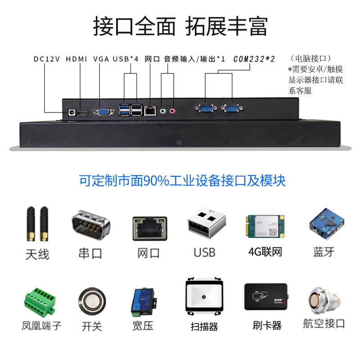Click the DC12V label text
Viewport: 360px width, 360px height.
click(47, 59)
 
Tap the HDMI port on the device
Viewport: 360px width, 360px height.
click(82, 113)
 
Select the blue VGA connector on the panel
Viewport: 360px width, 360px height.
click(104, 112)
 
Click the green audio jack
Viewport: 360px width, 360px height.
click(163, 111)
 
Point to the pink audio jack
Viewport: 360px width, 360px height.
click(172, 111)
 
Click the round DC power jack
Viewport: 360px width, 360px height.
click(72, 112)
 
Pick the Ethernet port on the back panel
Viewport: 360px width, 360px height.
click(150, 111)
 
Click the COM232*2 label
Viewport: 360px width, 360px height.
click(254, 59)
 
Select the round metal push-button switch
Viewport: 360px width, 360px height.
click(92, 301)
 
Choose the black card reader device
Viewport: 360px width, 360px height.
click(266, 297)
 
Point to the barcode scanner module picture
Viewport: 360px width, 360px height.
click(204, 297)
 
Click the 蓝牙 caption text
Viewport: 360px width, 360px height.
click(324, 252)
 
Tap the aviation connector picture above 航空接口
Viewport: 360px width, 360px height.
click(324, 300)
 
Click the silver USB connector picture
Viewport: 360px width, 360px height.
click(207, 222)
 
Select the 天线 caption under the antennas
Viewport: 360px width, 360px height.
click(37, 254)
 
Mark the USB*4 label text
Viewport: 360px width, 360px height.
click(126, 59)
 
